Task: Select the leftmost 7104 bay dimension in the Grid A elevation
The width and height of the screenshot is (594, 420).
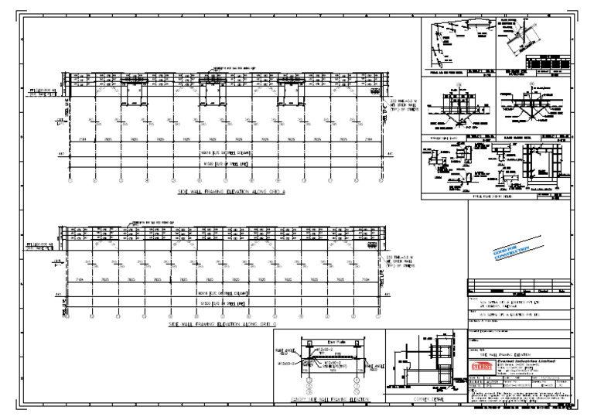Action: point(82,141)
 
